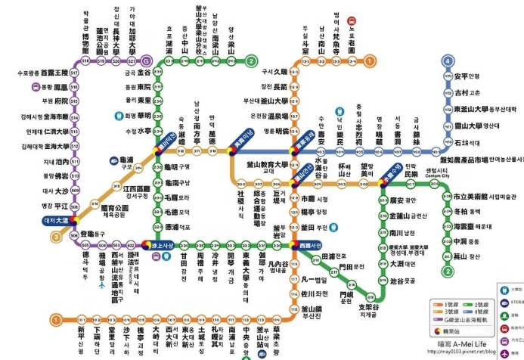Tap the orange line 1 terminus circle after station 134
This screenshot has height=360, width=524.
(x=370, y=60)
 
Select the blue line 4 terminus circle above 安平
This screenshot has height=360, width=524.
(x=448, y=61)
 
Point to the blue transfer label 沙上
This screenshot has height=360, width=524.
(x=162, y=245)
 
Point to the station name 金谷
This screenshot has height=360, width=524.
(x=143, y=73)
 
